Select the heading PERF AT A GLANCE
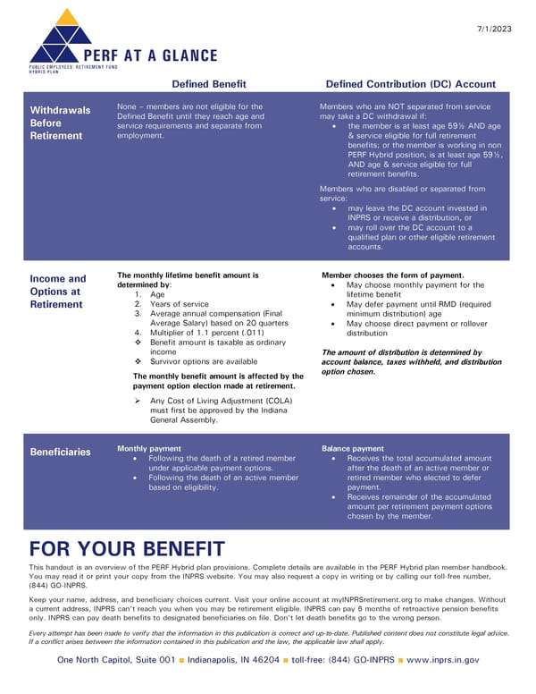[149, 55]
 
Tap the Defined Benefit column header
[208, 83]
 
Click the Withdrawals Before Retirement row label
[60, 123]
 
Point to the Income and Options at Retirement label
[58, 292]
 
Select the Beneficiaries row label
[60, 452]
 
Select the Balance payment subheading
[353, 448]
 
